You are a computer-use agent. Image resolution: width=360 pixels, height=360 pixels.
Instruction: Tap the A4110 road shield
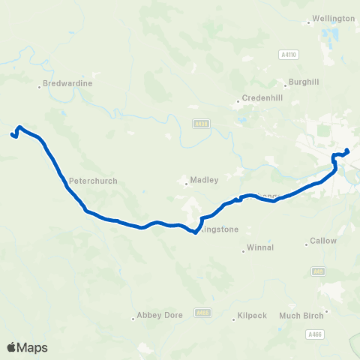point(286,54)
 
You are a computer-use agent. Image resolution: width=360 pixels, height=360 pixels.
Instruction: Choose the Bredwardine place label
point(67,83)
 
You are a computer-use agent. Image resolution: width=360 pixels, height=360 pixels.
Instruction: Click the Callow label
point(324,241)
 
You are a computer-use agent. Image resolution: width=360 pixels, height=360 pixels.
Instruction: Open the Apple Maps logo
point(27,346)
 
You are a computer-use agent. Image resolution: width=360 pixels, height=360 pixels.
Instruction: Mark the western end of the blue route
point(12,135)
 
